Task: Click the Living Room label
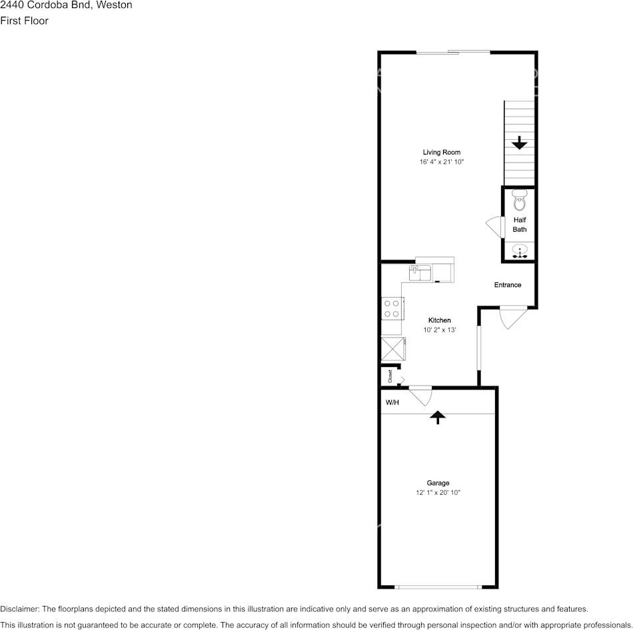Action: coord(441,153)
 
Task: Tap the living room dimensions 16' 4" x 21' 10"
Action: coord(441,162)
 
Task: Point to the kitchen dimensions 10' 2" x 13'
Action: coord(439,330)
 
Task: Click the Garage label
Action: coord(438,483)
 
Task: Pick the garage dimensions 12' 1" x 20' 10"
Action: coord(438,493)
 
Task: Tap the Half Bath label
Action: coord(519,224)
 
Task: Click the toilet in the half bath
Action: coord(520,200)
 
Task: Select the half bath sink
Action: coord(520,252)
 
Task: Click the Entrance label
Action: coord(507,285)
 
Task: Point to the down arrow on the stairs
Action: coord(519,143)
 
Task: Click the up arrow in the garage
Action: coord(437,417)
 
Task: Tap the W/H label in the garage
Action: coord(393,403)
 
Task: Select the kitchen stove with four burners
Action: coord(392,308)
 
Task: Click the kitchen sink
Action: coord(419,272)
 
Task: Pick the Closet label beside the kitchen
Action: coord(390,377)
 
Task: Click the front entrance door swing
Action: coord(512,317)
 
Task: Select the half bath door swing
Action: coord(494,226)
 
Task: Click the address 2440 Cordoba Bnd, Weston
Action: coord(67,5)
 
